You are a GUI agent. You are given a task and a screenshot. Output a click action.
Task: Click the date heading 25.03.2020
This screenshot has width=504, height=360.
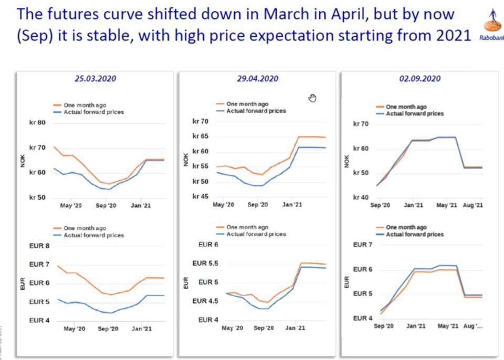point(94,79)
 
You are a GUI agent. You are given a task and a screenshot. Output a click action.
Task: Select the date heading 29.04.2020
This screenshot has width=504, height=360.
point(257,79)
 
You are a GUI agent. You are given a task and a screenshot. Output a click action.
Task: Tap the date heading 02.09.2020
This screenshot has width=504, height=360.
point(419,79)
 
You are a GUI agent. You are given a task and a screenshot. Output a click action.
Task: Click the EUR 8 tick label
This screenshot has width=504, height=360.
point(39,246)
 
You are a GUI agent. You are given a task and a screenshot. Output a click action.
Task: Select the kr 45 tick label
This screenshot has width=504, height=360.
point(201,197)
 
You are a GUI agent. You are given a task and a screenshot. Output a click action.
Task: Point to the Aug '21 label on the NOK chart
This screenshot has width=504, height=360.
point(472,206)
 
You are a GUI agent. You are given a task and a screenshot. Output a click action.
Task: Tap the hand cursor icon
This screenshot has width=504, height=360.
point(312,98)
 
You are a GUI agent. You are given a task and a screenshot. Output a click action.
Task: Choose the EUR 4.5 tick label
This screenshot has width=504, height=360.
point(205,301)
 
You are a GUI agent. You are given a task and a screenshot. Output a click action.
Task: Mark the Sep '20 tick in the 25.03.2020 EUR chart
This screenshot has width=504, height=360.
point(108,329)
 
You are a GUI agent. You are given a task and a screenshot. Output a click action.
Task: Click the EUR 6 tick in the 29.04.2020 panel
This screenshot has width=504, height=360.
point(208,245)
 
